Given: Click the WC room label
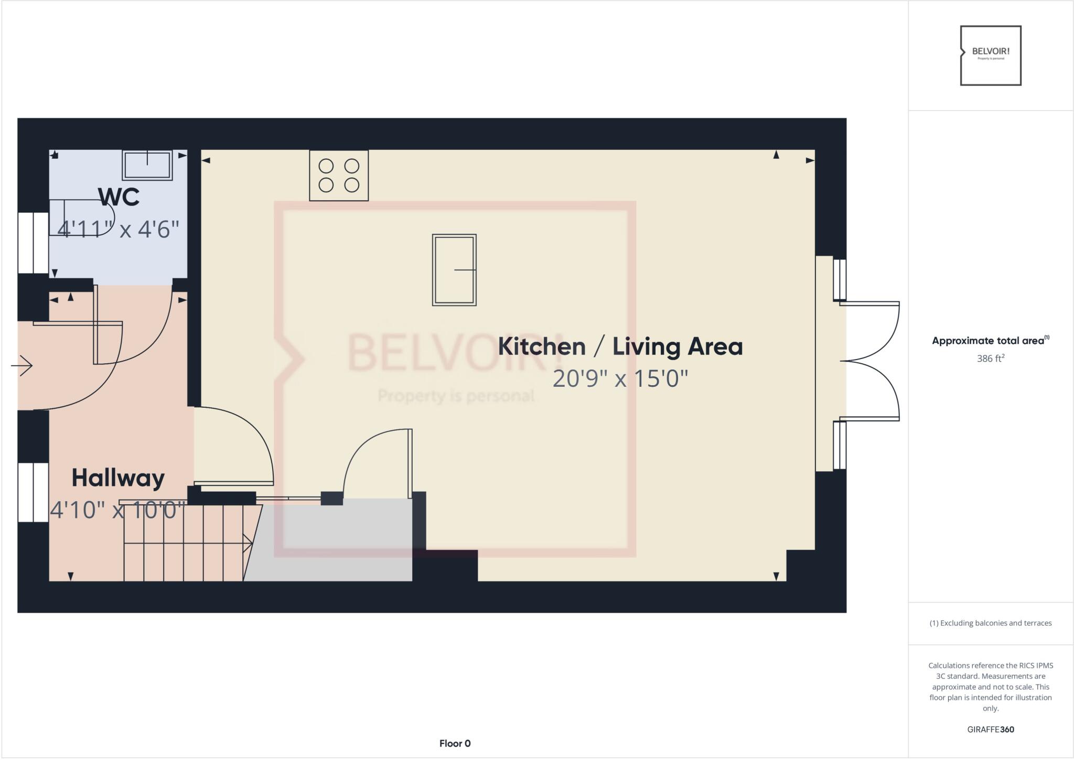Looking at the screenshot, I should pos(119,197).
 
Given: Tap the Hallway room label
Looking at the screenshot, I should pos(118,477).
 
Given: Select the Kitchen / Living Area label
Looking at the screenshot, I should pos(620,346).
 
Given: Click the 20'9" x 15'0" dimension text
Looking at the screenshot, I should pos(620,378).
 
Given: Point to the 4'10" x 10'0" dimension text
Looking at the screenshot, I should pos(118,510).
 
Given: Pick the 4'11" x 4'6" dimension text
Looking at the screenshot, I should pos(118,229).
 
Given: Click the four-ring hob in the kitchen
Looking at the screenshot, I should pos(339,176).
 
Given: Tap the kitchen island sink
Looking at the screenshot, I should pos(454,270).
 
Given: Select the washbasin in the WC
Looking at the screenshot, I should pos(147,165).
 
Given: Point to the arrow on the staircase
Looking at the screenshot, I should pos(248,544).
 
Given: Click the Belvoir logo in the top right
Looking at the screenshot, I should pos(990,56).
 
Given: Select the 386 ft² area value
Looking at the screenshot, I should pos(990,359).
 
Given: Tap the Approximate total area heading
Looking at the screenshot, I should pos(990,341).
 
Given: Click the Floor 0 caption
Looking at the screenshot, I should pos(455,743).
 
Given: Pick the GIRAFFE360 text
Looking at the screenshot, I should pos(990,729).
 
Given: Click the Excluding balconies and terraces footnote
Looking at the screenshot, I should pos(990,623).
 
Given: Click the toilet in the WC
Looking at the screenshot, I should pos(81,218).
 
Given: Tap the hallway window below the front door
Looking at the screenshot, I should pos(34,492).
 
